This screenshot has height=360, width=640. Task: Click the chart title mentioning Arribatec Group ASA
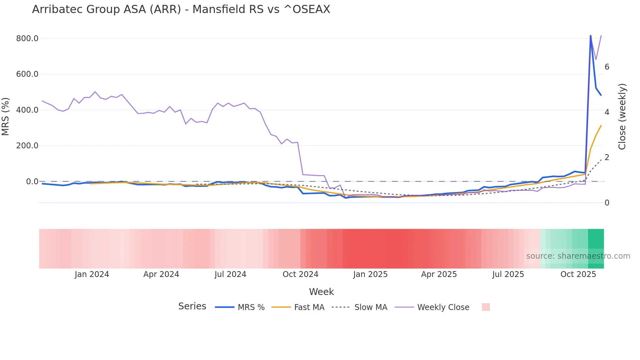click(181, 9)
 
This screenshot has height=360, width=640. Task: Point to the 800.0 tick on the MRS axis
click(27, 39)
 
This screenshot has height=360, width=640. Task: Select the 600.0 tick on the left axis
click(27, 74)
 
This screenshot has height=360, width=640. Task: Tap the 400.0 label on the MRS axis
click(27, 110)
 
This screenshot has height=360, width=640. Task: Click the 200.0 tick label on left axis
click(27, 146)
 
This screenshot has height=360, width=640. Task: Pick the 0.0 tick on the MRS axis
click(32, 182)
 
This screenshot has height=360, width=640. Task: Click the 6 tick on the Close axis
click(607, 67)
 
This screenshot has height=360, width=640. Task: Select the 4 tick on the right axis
click(607, 112)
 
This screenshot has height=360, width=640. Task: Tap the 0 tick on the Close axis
click(607, 203)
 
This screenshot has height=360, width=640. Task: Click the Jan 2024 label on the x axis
click(92, 274)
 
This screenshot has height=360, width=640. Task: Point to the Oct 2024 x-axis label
click(300, 274)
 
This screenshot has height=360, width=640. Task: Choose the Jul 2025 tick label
click(508, 274)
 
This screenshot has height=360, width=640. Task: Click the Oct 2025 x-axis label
click(578, 274)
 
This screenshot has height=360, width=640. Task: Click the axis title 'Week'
click(321, 292)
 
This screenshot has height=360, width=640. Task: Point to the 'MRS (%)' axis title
click(6, 116)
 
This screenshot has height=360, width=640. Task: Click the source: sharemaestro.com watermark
click(578, 256)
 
